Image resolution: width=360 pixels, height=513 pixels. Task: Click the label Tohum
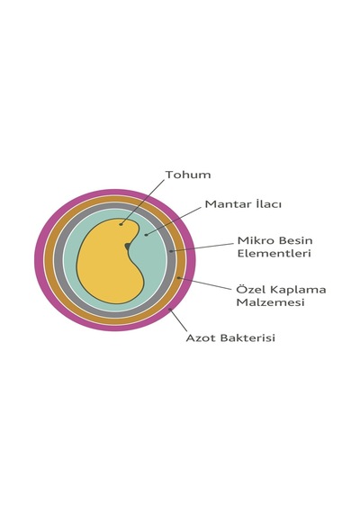pyautogui.click(x=188, y=175)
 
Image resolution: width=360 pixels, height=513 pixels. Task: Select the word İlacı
pyautogui.click(x=267, y=203)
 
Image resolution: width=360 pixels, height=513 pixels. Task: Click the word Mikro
pyautogui.click(x=253, y=240)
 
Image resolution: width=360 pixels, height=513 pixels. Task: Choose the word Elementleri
pyautogui.click(x=274, y=253)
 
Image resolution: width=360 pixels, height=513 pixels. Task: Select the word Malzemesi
pyautogui.click(x=270, y=302)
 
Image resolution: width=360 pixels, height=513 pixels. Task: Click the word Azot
pyautogui.click(x=200, y=337)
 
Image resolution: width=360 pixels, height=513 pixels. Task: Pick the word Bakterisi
pyautogui.click(x=247, y=337)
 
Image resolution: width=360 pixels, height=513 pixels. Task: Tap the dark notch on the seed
pyautogui.click(x=127, y=246)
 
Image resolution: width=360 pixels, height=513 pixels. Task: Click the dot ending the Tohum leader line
pyautogui.click(x=121, y=224)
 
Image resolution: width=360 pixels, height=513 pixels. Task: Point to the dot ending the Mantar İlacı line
pyautogui.click(x=146, y=235)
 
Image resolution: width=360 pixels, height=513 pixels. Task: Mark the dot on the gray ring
pyautogui.click(x=171, y=251)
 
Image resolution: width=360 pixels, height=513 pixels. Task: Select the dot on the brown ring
pyautogui.click(x=178, y=278)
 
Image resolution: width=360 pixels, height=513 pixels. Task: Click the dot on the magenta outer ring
pyautogui.click(x=169, y=309)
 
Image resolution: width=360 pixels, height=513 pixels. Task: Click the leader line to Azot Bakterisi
pyautogui.click(x=178, y=320)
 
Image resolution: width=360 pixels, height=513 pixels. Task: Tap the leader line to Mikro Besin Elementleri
pyautogui.click(x=202, y=247)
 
